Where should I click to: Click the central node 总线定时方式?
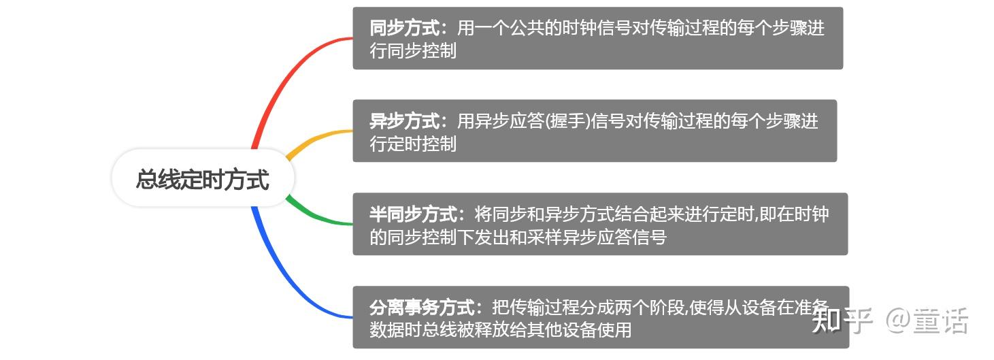[203, 179]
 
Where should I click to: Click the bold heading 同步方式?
[404, 29]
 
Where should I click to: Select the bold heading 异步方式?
[404, 122]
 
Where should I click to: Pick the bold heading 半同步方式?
[413, 214]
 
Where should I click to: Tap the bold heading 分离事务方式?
[422, 308]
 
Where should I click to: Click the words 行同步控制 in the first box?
[413, 51]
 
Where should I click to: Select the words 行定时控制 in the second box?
[413, 144]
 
